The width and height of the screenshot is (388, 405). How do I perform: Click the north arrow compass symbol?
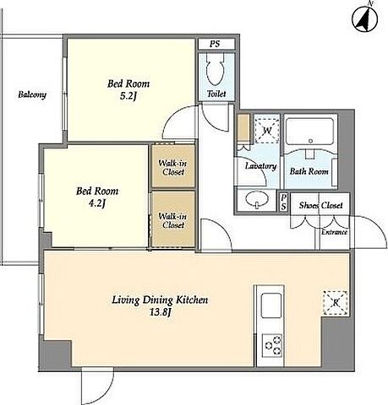point(365,19)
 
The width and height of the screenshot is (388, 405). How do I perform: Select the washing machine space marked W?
point(267,131)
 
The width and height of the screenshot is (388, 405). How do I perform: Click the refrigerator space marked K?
point(336,303)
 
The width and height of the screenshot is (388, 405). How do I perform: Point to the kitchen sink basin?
point(271,305)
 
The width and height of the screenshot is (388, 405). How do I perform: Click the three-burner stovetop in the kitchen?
point(272,345)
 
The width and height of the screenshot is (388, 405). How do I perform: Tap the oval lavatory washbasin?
point(257,199)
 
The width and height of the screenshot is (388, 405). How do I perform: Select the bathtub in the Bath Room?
point(310,132)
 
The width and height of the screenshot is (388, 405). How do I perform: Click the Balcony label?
point(32,94)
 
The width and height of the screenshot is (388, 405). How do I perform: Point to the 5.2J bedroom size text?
point(128,96)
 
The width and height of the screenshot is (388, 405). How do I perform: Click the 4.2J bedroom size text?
point(97,203)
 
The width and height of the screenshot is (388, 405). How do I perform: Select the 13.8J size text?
point(160,312)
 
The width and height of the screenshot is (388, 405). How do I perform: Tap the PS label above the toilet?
point(215,44)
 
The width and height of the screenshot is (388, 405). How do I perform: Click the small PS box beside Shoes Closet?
point(283,202)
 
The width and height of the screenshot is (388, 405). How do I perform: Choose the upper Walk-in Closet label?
point(172,168)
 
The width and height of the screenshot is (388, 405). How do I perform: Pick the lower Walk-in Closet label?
point(172,221)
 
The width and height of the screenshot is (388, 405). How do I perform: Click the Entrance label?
point(334,232)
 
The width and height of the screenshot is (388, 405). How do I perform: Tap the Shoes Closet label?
point(320,206)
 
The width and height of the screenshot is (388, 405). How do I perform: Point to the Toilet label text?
point(216,94)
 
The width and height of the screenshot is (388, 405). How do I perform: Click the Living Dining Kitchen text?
point(160,300)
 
